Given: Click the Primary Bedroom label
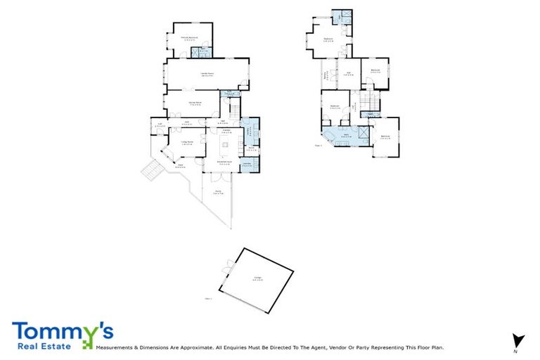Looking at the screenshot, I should (x=189, y=37).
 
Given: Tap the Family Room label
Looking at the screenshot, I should (x=207, y=74).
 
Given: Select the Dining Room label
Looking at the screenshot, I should (x=195, y=103).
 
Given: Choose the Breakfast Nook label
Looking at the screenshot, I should (x=225, y=163).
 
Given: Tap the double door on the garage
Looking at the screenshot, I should (x=226, y=266).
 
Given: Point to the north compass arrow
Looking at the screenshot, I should (x=519, y=340).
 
